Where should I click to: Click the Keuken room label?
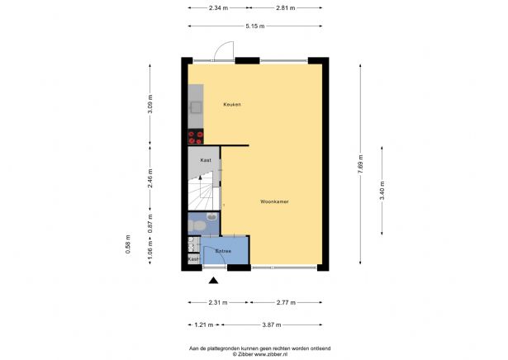231,105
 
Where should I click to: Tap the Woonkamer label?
273,201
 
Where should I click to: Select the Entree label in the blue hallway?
223,250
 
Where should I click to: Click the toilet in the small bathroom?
198,225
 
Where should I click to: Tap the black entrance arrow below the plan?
202,282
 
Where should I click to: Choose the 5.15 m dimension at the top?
255,26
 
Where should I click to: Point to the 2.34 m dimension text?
219,7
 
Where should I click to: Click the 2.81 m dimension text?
285,7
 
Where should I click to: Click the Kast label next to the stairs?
204,160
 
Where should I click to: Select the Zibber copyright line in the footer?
254,353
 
